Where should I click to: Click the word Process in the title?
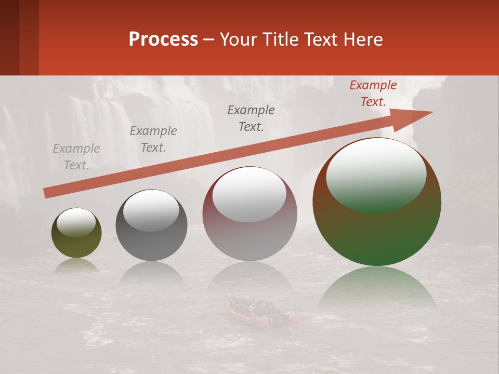[163, 39]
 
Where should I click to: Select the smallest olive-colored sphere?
[76, 242]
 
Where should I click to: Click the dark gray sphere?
[151, 236]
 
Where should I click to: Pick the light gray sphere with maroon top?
[249, 229]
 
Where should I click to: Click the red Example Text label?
[373, 94]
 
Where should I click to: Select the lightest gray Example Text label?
[76, 157]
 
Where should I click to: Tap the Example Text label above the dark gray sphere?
[153, 139]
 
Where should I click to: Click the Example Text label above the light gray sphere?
[251, 118]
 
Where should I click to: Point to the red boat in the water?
[260, 312]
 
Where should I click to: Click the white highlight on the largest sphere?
[376, 174]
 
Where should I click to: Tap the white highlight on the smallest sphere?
[76, 223]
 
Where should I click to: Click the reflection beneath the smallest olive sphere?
[76, 266]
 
